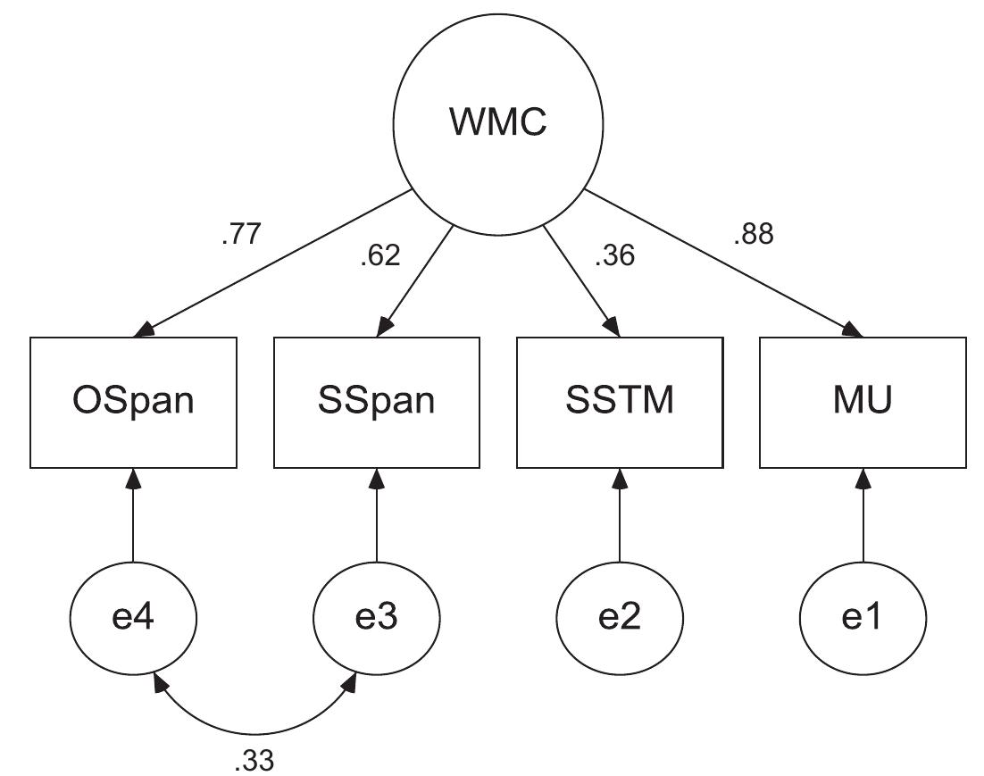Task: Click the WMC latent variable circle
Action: pyautogui.click(x=498, y=121)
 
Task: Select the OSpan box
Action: pyautogui.click(x=133, y=402)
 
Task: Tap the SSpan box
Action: pyautogui.click(x=376, y=402)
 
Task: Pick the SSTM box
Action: pyautogui.click(x=620, y=402)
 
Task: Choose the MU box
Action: pyautogui.click(x=863, y=402)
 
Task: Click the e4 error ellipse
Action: pyautogui.click(x=133, y=617)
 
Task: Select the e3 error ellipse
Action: pyautogui.click(x=376, y=617)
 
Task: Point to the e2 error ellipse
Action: pyautogui.click(x=620, y=617)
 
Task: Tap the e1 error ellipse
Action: pyautogui.click(x=863, y=617)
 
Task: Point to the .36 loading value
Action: pyautogui.click(x=614, y=256)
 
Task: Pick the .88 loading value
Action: pyautogui.click(x=753, y=235)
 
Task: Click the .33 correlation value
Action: pyautogui.click(x=254, y=760)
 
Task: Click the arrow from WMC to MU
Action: pyautogui.click(x=723, y=263)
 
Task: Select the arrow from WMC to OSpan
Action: pyautogui.click(x=272, y=263)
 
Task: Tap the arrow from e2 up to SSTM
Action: pyautogui.click(x=620, y=518)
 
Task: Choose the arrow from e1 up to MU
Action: pyautogui.click(x=863, y=518)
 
